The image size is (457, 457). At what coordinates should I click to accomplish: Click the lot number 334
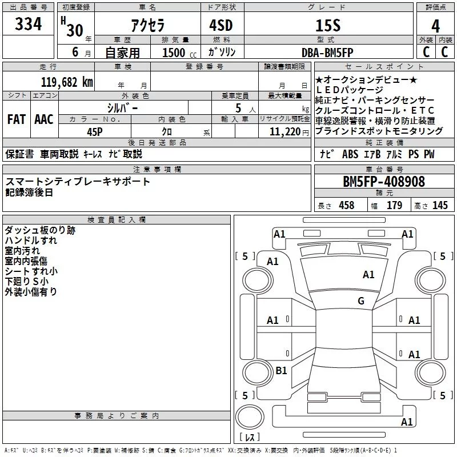click(28, 24)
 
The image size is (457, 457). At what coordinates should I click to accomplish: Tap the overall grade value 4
click(435, 26)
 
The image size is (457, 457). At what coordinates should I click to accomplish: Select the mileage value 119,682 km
click(67, 82)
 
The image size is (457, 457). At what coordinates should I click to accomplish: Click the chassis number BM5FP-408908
click(384, 182)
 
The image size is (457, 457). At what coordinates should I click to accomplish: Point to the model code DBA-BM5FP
click(327, 53)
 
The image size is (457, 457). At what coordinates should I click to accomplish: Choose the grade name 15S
click(328, 26)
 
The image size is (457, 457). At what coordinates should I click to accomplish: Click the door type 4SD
click(221, 25)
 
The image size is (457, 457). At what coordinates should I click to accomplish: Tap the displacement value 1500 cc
click(179, 53)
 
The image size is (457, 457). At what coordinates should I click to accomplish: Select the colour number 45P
click(95, 132)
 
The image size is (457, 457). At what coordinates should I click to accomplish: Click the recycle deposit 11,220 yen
click(289, 132)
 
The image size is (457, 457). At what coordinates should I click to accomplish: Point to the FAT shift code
click(17, 119)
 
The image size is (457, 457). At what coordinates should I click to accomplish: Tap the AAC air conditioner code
click(44, 119)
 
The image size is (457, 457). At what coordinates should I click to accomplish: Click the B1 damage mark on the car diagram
click(281, 370)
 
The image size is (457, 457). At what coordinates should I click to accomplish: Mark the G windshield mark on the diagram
click(361, 301)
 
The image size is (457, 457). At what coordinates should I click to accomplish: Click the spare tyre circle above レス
click(250, 416)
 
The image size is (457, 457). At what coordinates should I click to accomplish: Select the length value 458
click(347, 205)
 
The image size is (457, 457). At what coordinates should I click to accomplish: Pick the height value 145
click(440, 205)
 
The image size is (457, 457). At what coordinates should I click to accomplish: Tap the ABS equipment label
click(350, 154)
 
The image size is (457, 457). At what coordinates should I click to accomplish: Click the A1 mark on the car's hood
click(368, 275)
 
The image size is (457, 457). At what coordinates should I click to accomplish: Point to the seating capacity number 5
click(238, 109)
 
